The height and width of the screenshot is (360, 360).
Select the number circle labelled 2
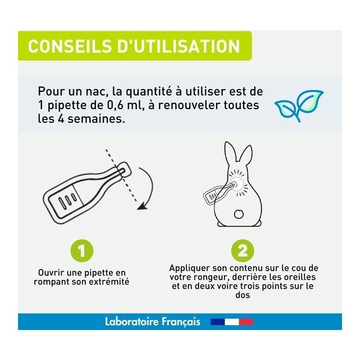[242, 250]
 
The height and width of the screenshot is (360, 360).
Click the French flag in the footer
[232, 322]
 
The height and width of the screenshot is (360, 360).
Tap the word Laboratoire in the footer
[132, 322]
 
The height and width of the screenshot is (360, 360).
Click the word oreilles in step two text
[298, 277]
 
